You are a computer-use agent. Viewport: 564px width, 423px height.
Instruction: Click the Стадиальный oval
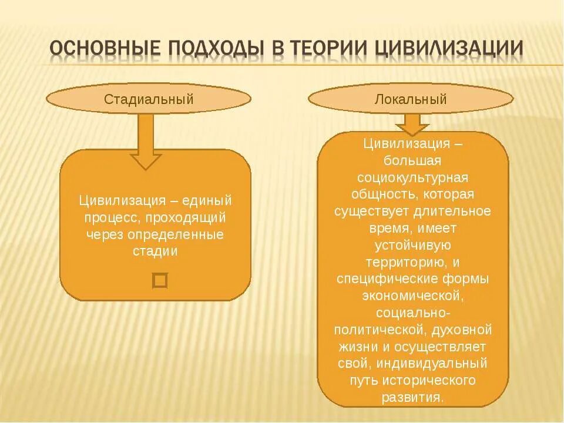pyautogui.click(x=149, y=99)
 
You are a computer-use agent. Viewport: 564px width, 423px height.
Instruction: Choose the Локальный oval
pyautogui.click(x=411, y=99)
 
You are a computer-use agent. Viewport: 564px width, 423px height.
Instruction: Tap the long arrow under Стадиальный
pyautogui.click(x=145, y=141)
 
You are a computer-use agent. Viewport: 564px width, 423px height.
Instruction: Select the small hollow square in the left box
pyautogui.click(x=160, y=280)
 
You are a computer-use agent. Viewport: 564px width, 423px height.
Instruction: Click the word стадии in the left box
pyautogui.click(x=156, y=251)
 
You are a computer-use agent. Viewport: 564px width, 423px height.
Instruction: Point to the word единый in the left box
pyautogui.click(x=207, y=200)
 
